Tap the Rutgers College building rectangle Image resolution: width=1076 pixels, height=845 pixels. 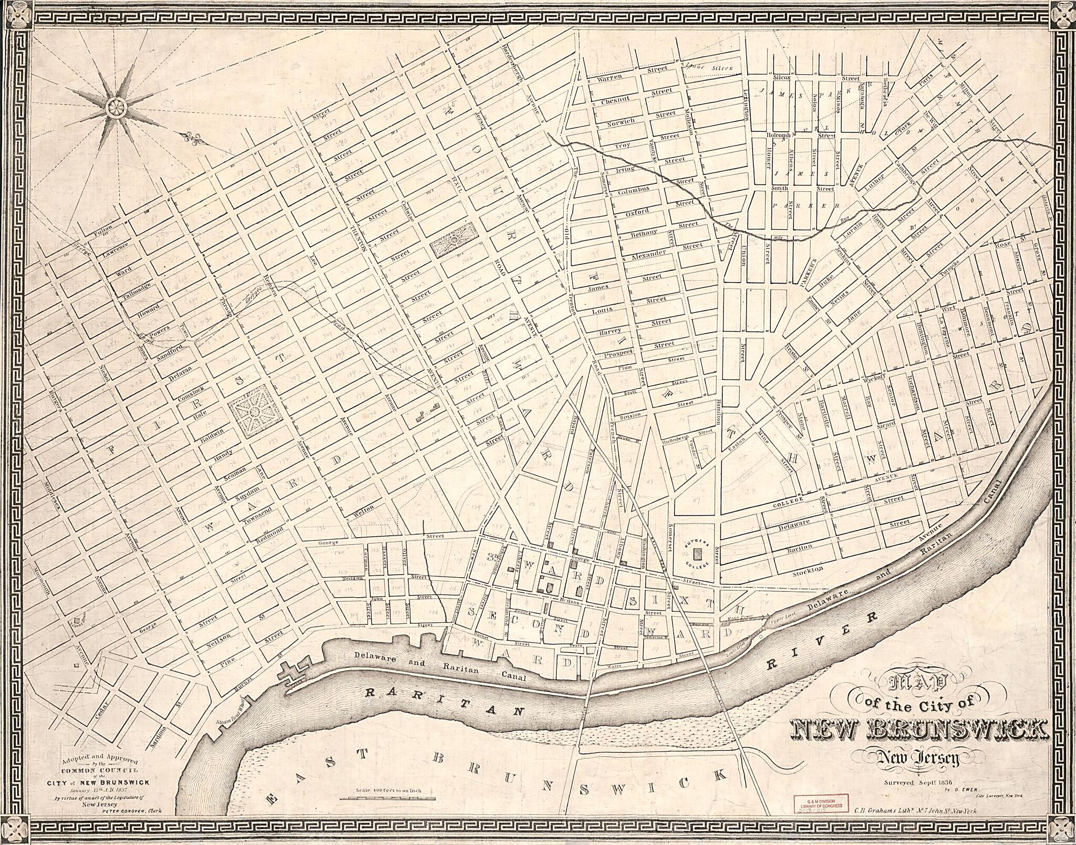(x=698, y=554)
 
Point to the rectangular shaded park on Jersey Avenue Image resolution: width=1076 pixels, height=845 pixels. (x=454, y=240)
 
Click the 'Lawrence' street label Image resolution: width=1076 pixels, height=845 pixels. (x=116, y=248)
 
